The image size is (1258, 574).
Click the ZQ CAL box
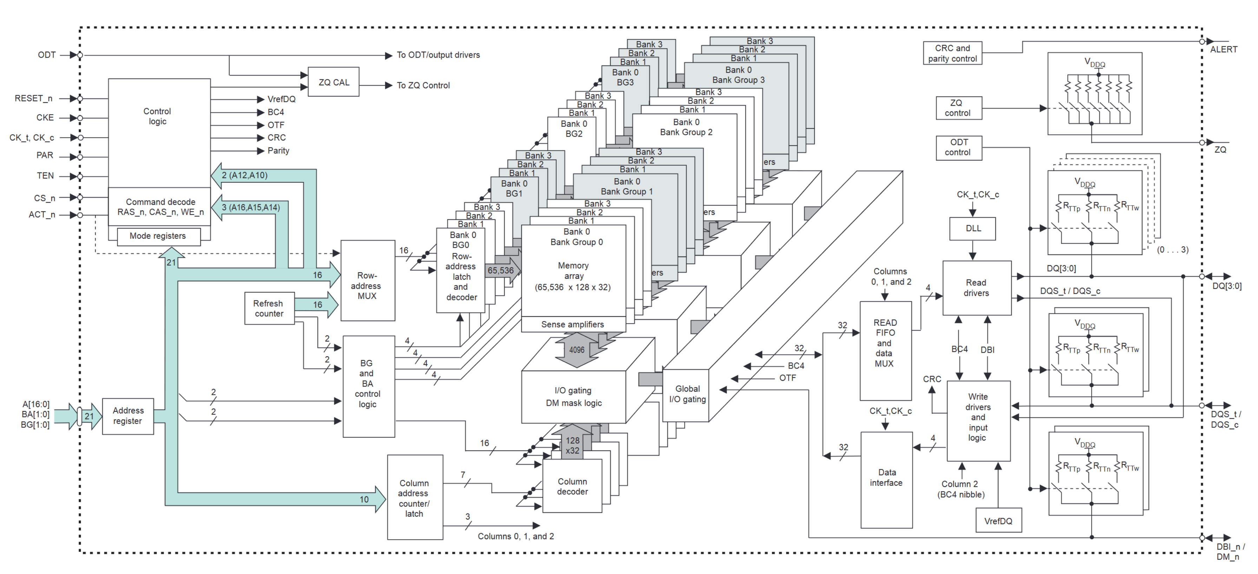334,82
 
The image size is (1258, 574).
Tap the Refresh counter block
269,308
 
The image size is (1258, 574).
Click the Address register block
128,416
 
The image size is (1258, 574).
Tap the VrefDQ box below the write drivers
998,521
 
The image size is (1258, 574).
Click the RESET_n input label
33,98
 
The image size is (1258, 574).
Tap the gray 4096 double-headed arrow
577,350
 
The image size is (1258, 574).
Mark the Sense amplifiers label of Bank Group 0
572,324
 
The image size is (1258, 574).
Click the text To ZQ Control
423,85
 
